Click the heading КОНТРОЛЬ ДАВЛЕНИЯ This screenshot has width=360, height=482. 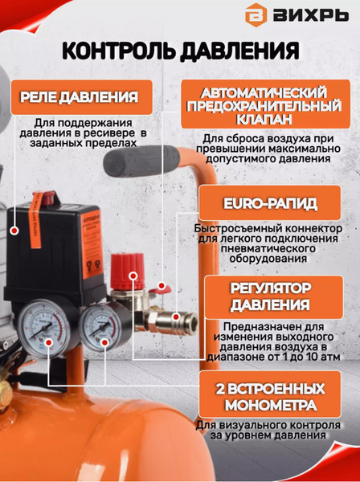pyautogui.click(x=180, y=51)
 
